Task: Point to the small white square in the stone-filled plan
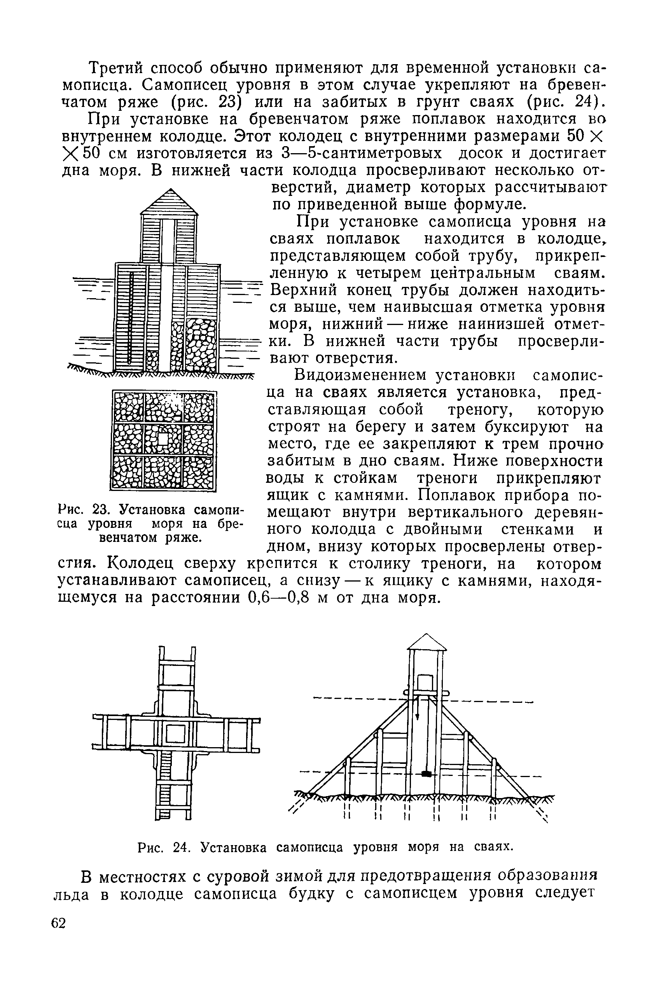[163, 439]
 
